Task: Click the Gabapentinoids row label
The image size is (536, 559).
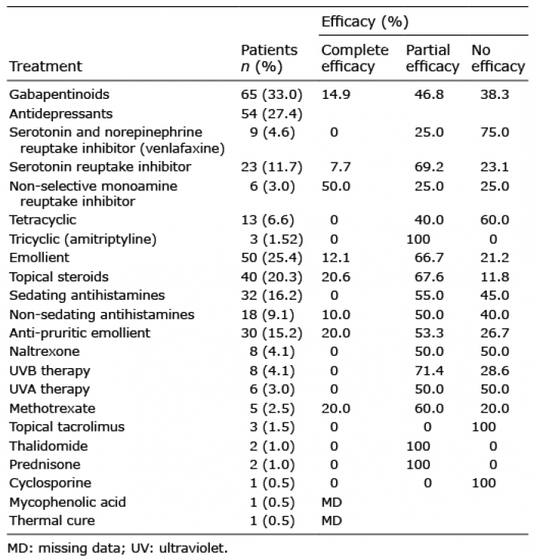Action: pos(59,95)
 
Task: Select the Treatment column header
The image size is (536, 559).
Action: pos(45,66)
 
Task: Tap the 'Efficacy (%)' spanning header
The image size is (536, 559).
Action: pos(364,22)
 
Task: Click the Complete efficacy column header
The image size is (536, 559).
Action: pos(355,58)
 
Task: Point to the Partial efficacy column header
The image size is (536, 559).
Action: pos(433,58)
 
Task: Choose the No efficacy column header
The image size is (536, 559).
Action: pos(498,58)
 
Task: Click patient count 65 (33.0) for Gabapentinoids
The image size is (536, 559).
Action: pos(272,95)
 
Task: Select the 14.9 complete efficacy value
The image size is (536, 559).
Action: pos(335,94)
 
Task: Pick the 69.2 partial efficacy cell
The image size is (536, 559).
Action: pos(429,167)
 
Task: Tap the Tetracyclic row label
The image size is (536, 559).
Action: pos(43,220)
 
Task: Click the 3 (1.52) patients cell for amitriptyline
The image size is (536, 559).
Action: pos(276,239)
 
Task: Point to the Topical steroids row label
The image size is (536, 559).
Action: pos(59,277)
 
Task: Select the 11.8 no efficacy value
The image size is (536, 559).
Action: pos(495,277)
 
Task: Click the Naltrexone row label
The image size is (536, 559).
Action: pos(44,351)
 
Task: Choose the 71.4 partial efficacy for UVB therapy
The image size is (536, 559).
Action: pos(429,371)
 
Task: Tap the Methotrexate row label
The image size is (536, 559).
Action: pos(52,408)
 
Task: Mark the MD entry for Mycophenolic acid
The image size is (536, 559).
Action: pos(332,502)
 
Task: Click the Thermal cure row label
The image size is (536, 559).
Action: pos(52,521)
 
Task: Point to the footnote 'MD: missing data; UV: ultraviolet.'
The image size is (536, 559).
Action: pos(117,548)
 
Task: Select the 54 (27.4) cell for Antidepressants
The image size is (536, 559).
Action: pos(272,114)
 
